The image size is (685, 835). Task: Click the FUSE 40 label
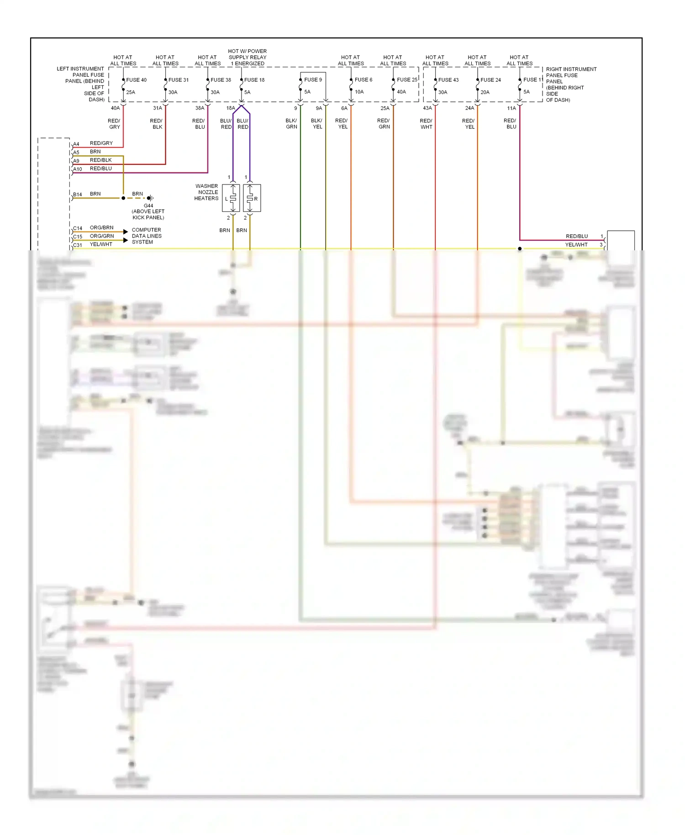pyautogui.click(x=136, y=80)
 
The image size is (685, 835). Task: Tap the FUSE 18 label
pyautogui.click(x=254, y=80)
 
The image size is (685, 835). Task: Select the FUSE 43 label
pyautogui.click(x=448, y=80)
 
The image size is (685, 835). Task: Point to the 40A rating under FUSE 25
pyautogui.click(x=401, y=92)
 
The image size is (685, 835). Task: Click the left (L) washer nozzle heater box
pyautogui.click(x=231, y=198)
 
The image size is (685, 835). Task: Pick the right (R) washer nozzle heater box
pyautogui.click(x=252, y=198)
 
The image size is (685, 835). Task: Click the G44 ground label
pyautogui.click(x=148, y=206)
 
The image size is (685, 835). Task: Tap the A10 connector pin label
pyautogui.click(x=78, y=169)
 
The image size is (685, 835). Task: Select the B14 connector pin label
pyautogui.click(x=78, y=195)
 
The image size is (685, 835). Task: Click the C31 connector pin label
pyautogui.click(x=78, y=245)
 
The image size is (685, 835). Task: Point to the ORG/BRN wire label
pyautogui.click(x=101, y=227)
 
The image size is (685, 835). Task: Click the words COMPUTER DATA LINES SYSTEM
pyautogui.click(x=147, y=236)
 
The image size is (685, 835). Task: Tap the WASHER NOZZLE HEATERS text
pyautogui.click(x=206, y=192)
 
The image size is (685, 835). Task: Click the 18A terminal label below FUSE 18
pyautogui.click(x=231, y=108)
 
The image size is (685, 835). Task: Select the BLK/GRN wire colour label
pyautogui.click(x=291, y=124)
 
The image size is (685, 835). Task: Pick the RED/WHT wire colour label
pyautogui.click(x=426, y=124)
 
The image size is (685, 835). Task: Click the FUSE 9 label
pyautogui.click(x=313, y=79)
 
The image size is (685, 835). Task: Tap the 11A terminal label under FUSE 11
pyautogui.click(x=511, y=108)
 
